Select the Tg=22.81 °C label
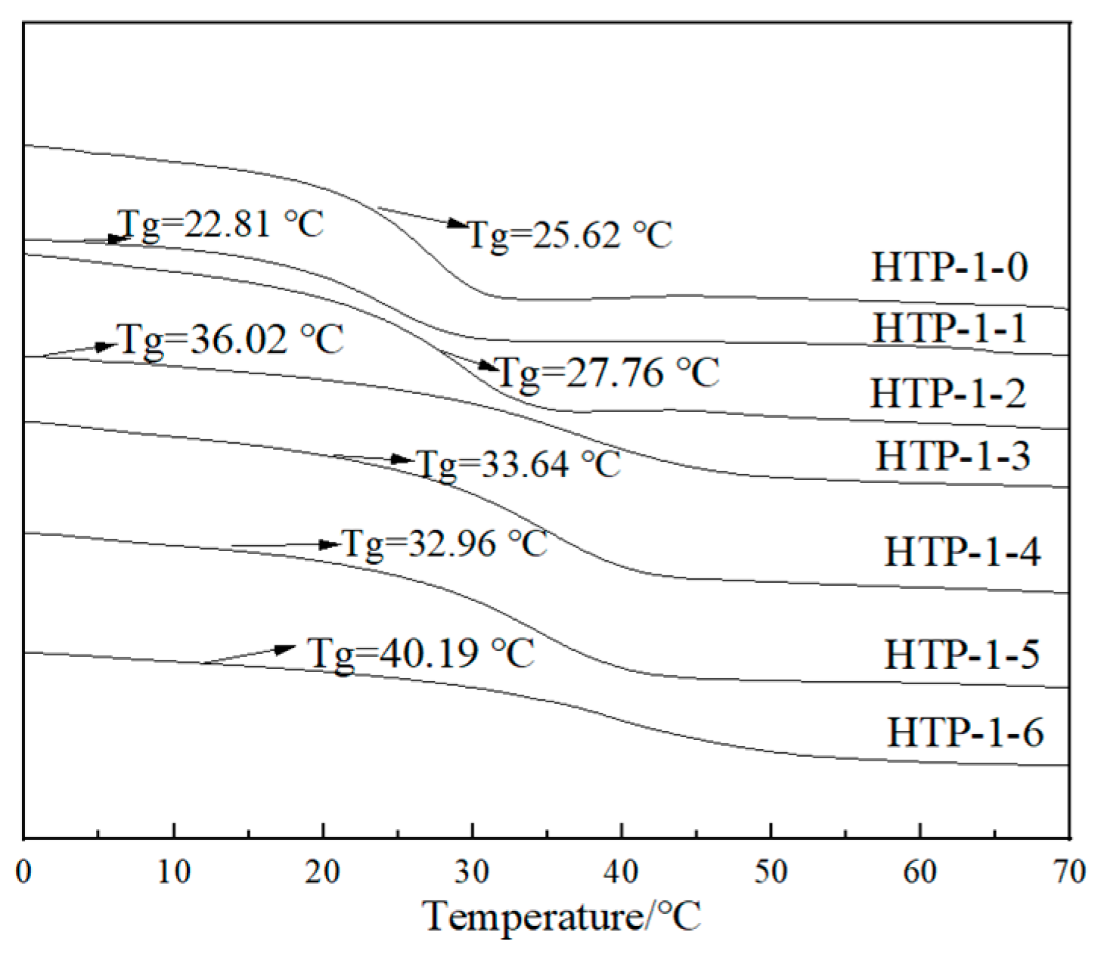tap(221, 225)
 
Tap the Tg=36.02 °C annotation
tap(231, 339)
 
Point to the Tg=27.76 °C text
tap(607, 373)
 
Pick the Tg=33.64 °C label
tap(519, 464)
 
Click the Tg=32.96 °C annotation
tap(445, 544)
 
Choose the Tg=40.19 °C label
tap(421, 652)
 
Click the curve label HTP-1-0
tap(950, 267)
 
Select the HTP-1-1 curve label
tap(951, 328)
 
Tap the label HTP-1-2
tap(948, 393)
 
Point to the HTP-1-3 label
tap(953, 456)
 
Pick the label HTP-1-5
tap(962, 654)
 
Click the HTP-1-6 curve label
tap(965, 732)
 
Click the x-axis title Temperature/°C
tap(563, 916)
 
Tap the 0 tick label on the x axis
tap(24, 872)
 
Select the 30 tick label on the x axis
tap(472, 872)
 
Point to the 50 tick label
tap(771, 872)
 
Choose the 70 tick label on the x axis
tap(1069, 872)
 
